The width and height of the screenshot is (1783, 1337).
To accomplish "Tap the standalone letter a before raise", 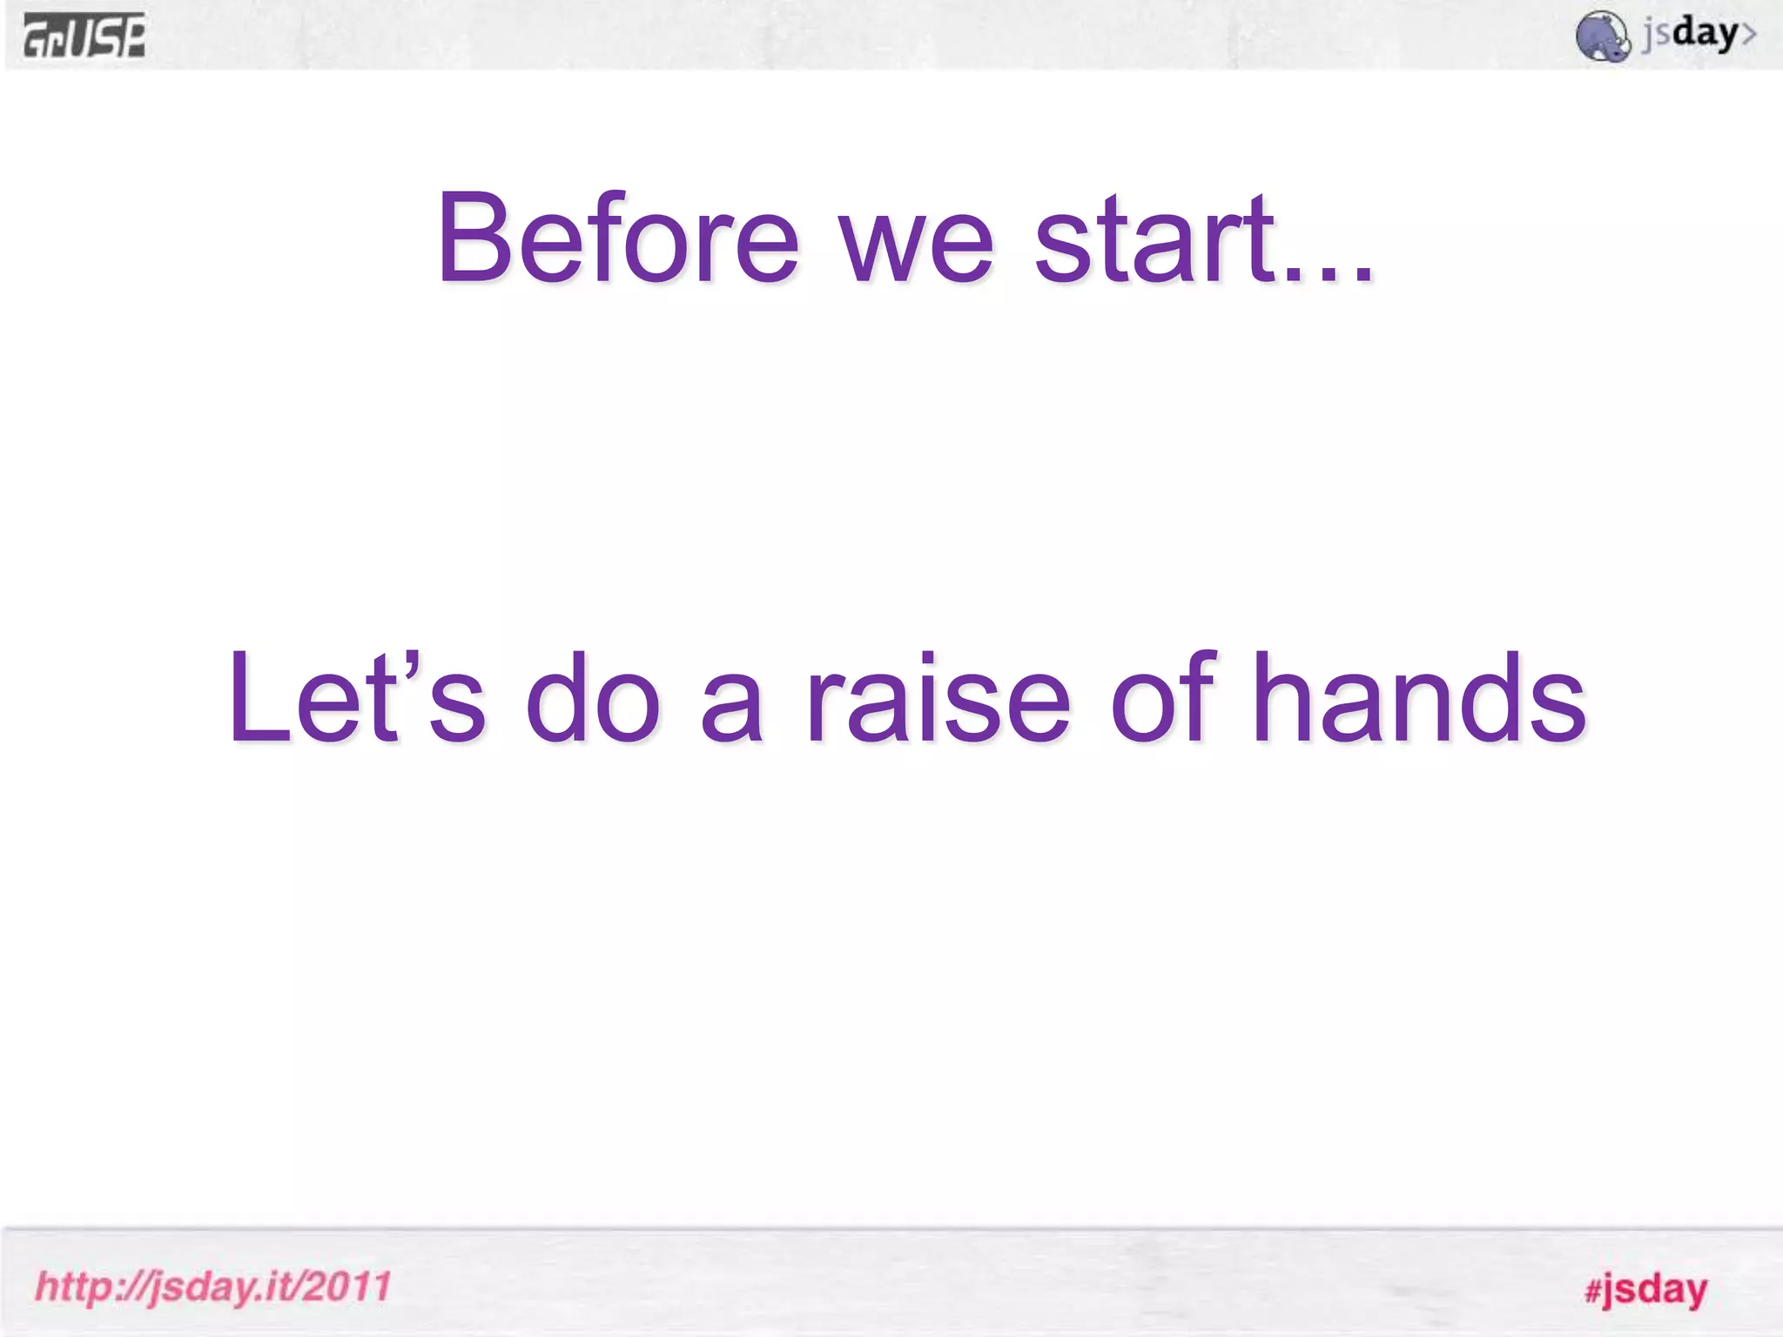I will (732, 709).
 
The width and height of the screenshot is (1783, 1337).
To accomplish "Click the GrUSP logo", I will (84, 37).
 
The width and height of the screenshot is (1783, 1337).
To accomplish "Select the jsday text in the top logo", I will (1689, 35).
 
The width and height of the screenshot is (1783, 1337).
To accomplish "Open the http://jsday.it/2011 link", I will (213, 1287).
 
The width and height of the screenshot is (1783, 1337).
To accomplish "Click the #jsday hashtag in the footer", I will (1645, 1289).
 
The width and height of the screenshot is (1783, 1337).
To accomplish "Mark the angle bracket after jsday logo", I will (1748, 35).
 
